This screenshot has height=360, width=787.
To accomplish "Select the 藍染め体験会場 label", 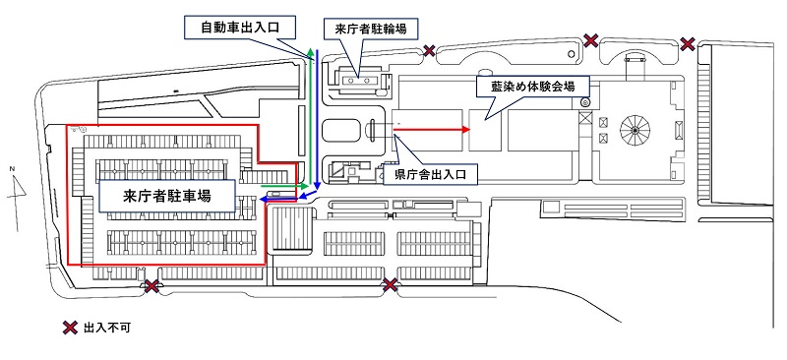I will (532, 86).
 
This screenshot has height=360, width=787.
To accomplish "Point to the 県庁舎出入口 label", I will (429, 175).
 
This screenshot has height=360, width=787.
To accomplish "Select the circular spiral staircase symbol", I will (634, 128).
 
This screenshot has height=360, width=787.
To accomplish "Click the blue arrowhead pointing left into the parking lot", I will (264, 197).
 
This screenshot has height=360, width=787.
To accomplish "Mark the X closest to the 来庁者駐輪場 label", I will (429, 50).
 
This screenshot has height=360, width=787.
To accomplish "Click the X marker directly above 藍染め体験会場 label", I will (590, 40).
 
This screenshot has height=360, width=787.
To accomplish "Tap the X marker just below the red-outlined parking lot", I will (151, 286).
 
